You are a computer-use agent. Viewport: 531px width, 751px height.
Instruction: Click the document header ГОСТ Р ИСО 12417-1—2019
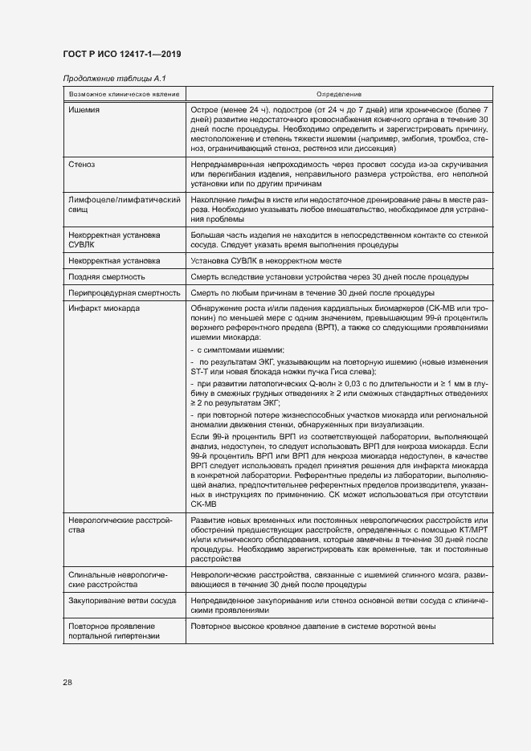[x=121, y=54]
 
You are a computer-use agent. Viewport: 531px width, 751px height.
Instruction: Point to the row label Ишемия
[x=83, y=108]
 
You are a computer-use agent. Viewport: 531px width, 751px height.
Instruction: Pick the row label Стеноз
[x=82, y=165]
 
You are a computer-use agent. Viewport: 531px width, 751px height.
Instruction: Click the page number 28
[x=67, y=683]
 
